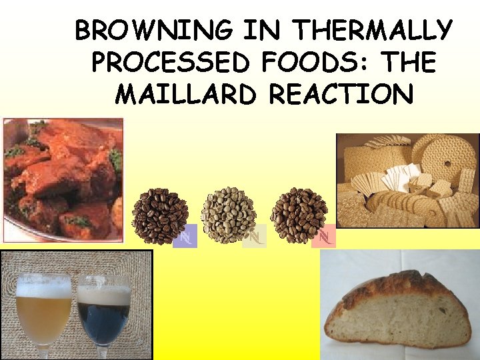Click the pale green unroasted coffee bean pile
coord(229,214)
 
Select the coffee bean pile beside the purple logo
coord(159,214)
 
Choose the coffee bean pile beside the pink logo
coord(299,214)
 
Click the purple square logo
coord(185,236)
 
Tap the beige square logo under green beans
coord(254,236)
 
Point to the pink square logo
coord(324,236)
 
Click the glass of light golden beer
coord(43,313)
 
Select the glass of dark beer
coord(103,317)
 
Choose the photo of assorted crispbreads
coord(407,180)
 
